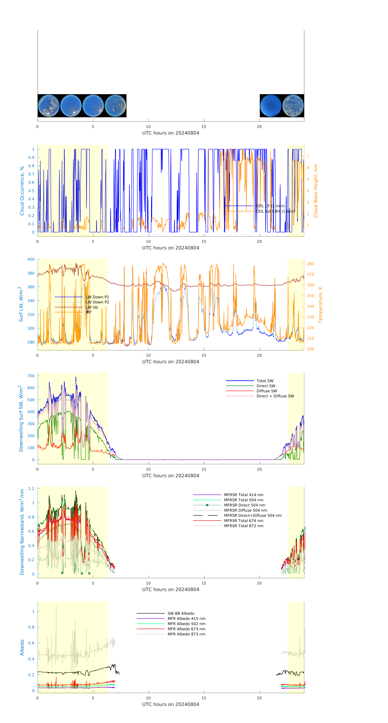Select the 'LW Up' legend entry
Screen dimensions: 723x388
(x=92, y=307)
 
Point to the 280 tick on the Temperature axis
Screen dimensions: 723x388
(x=310, y=264)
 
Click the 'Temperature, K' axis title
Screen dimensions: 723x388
(x=320, y=305)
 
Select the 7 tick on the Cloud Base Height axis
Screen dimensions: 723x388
(x=308, y=156)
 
